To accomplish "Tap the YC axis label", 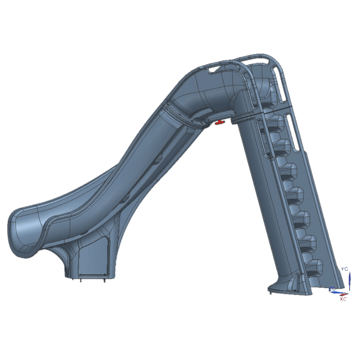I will (345, 269).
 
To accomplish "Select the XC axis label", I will (343, 299).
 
